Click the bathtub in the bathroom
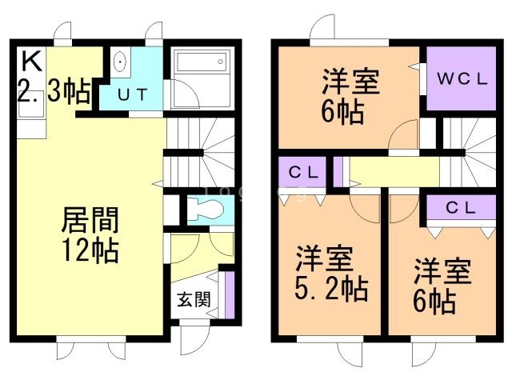201,62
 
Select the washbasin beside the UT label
119,62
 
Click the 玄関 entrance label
193,300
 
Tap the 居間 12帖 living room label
90,234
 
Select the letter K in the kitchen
30,60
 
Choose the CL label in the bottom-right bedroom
462,207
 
